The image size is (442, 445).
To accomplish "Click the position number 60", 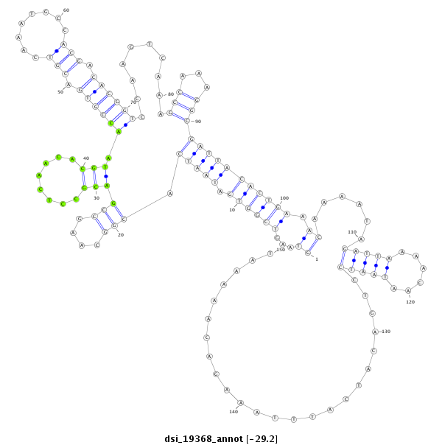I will coord(66,10).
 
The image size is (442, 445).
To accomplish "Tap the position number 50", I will coord(61,92).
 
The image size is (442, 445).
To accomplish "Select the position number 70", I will coord(133,102).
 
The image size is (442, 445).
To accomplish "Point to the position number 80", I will coord(170,94).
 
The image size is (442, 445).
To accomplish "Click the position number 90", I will coord(197,121).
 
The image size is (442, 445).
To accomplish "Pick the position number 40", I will coord(85,158).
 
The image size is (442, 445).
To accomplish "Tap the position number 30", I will coord(96,197).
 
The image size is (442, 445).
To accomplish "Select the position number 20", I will coord(120,234).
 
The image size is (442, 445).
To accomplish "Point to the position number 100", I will coord(284,198).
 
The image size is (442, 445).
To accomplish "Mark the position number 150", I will coord(280,250).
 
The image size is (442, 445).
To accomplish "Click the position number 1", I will coord(317,259).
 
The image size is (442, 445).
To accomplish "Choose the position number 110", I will coord(352,232).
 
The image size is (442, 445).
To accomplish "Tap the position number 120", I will coord(410,302).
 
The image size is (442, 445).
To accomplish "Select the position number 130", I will coord(386,331).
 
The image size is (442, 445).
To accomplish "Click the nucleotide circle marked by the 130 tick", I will coord(375,332).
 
